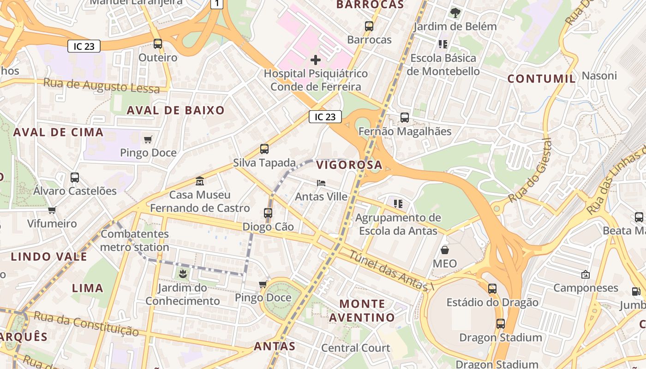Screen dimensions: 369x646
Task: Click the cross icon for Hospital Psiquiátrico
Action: pos(316,60)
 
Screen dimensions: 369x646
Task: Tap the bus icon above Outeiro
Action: pos(158,44)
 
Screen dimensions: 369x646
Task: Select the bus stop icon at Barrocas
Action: pos(369,26)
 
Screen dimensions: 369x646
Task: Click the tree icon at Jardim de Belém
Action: pos(455,12)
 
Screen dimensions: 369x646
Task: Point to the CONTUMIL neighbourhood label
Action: pos(542,79)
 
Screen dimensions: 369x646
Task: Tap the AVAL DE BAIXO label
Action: pos(175,110)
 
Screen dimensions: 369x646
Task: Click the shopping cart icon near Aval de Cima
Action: pos(148,139)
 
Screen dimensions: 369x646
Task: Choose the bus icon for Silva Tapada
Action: pos(264,149)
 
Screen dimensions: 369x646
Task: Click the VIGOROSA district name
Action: pos(349,165)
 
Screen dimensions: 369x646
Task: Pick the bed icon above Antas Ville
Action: pos(321,183)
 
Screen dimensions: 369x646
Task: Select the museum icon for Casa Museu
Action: pos(200,181)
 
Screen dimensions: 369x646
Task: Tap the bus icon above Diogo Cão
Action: pos(268,213)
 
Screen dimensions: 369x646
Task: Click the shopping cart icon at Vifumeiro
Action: pos(52,210)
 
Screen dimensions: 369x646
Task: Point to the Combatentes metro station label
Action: pos(135,240)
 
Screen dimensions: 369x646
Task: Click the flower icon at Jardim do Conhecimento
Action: pos(183,274)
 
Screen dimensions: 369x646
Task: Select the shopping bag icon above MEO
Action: pos(445,250)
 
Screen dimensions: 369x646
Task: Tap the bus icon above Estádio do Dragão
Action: pos(492,289)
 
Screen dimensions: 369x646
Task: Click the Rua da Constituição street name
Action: pos(86,323)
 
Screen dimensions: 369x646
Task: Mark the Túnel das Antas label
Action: pos(390,271)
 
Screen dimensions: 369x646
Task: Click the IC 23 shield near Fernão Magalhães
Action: pos(325,117)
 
